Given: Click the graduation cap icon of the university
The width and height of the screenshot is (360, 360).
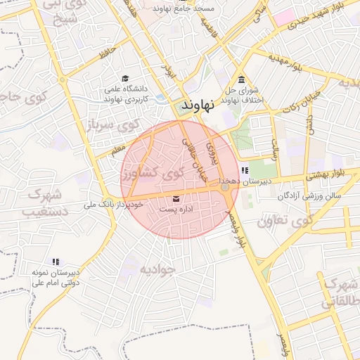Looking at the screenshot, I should click(x=125, y=78).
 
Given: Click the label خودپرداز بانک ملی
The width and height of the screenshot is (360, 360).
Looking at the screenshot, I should click(x=112, y=205).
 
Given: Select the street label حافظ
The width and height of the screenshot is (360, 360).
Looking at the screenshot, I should click(x=106, y=51).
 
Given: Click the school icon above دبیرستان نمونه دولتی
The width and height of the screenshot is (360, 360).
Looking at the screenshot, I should click(x=55, y=262).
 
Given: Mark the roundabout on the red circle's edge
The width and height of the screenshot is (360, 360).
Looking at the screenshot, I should click(x=224, y=186).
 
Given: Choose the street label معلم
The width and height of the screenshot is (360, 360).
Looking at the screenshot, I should click(x=117, y=148).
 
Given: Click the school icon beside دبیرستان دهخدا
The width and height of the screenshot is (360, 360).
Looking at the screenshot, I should click(x=244, y=170).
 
